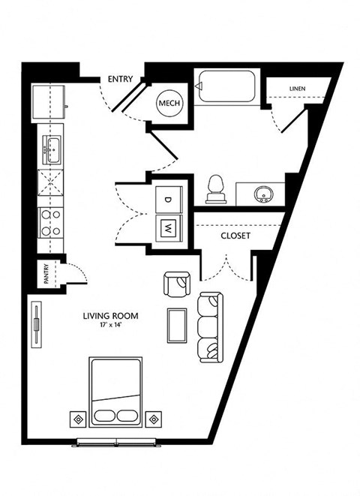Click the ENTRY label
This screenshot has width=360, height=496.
[x=120, y=79]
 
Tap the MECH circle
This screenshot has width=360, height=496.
[x=169, y=103]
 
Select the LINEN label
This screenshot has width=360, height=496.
[x=298, y=89]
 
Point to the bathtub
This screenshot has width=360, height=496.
[x=226, y=86]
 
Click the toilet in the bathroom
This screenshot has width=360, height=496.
[x=216, y=190]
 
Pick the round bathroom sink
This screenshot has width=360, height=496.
[x=263, y=194]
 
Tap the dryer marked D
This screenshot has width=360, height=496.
[x=169, y=200]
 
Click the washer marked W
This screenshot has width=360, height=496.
[x=169, y=228]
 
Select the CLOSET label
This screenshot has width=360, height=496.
[x=235, y=236]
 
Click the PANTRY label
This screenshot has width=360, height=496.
[x=46, y=274]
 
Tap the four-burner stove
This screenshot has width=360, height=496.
[x=50, y=223]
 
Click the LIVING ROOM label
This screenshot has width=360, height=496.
[x=110, y=316]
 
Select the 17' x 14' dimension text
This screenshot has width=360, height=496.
[x=110, y=324]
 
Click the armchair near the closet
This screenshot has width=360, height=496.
[x=177, y=284]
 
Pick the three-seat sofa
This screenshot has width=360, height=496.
[x=210, y=327]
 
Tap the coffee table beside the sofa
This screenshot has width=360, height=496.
[x=177, y=326]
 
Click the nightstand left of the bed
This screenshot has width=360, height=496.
[x=78, y=419]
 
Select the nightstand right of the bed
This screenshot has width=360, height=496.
[x=154, y=419]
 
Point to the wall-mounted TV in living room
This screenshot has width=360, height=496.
[x=37, y=325]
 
